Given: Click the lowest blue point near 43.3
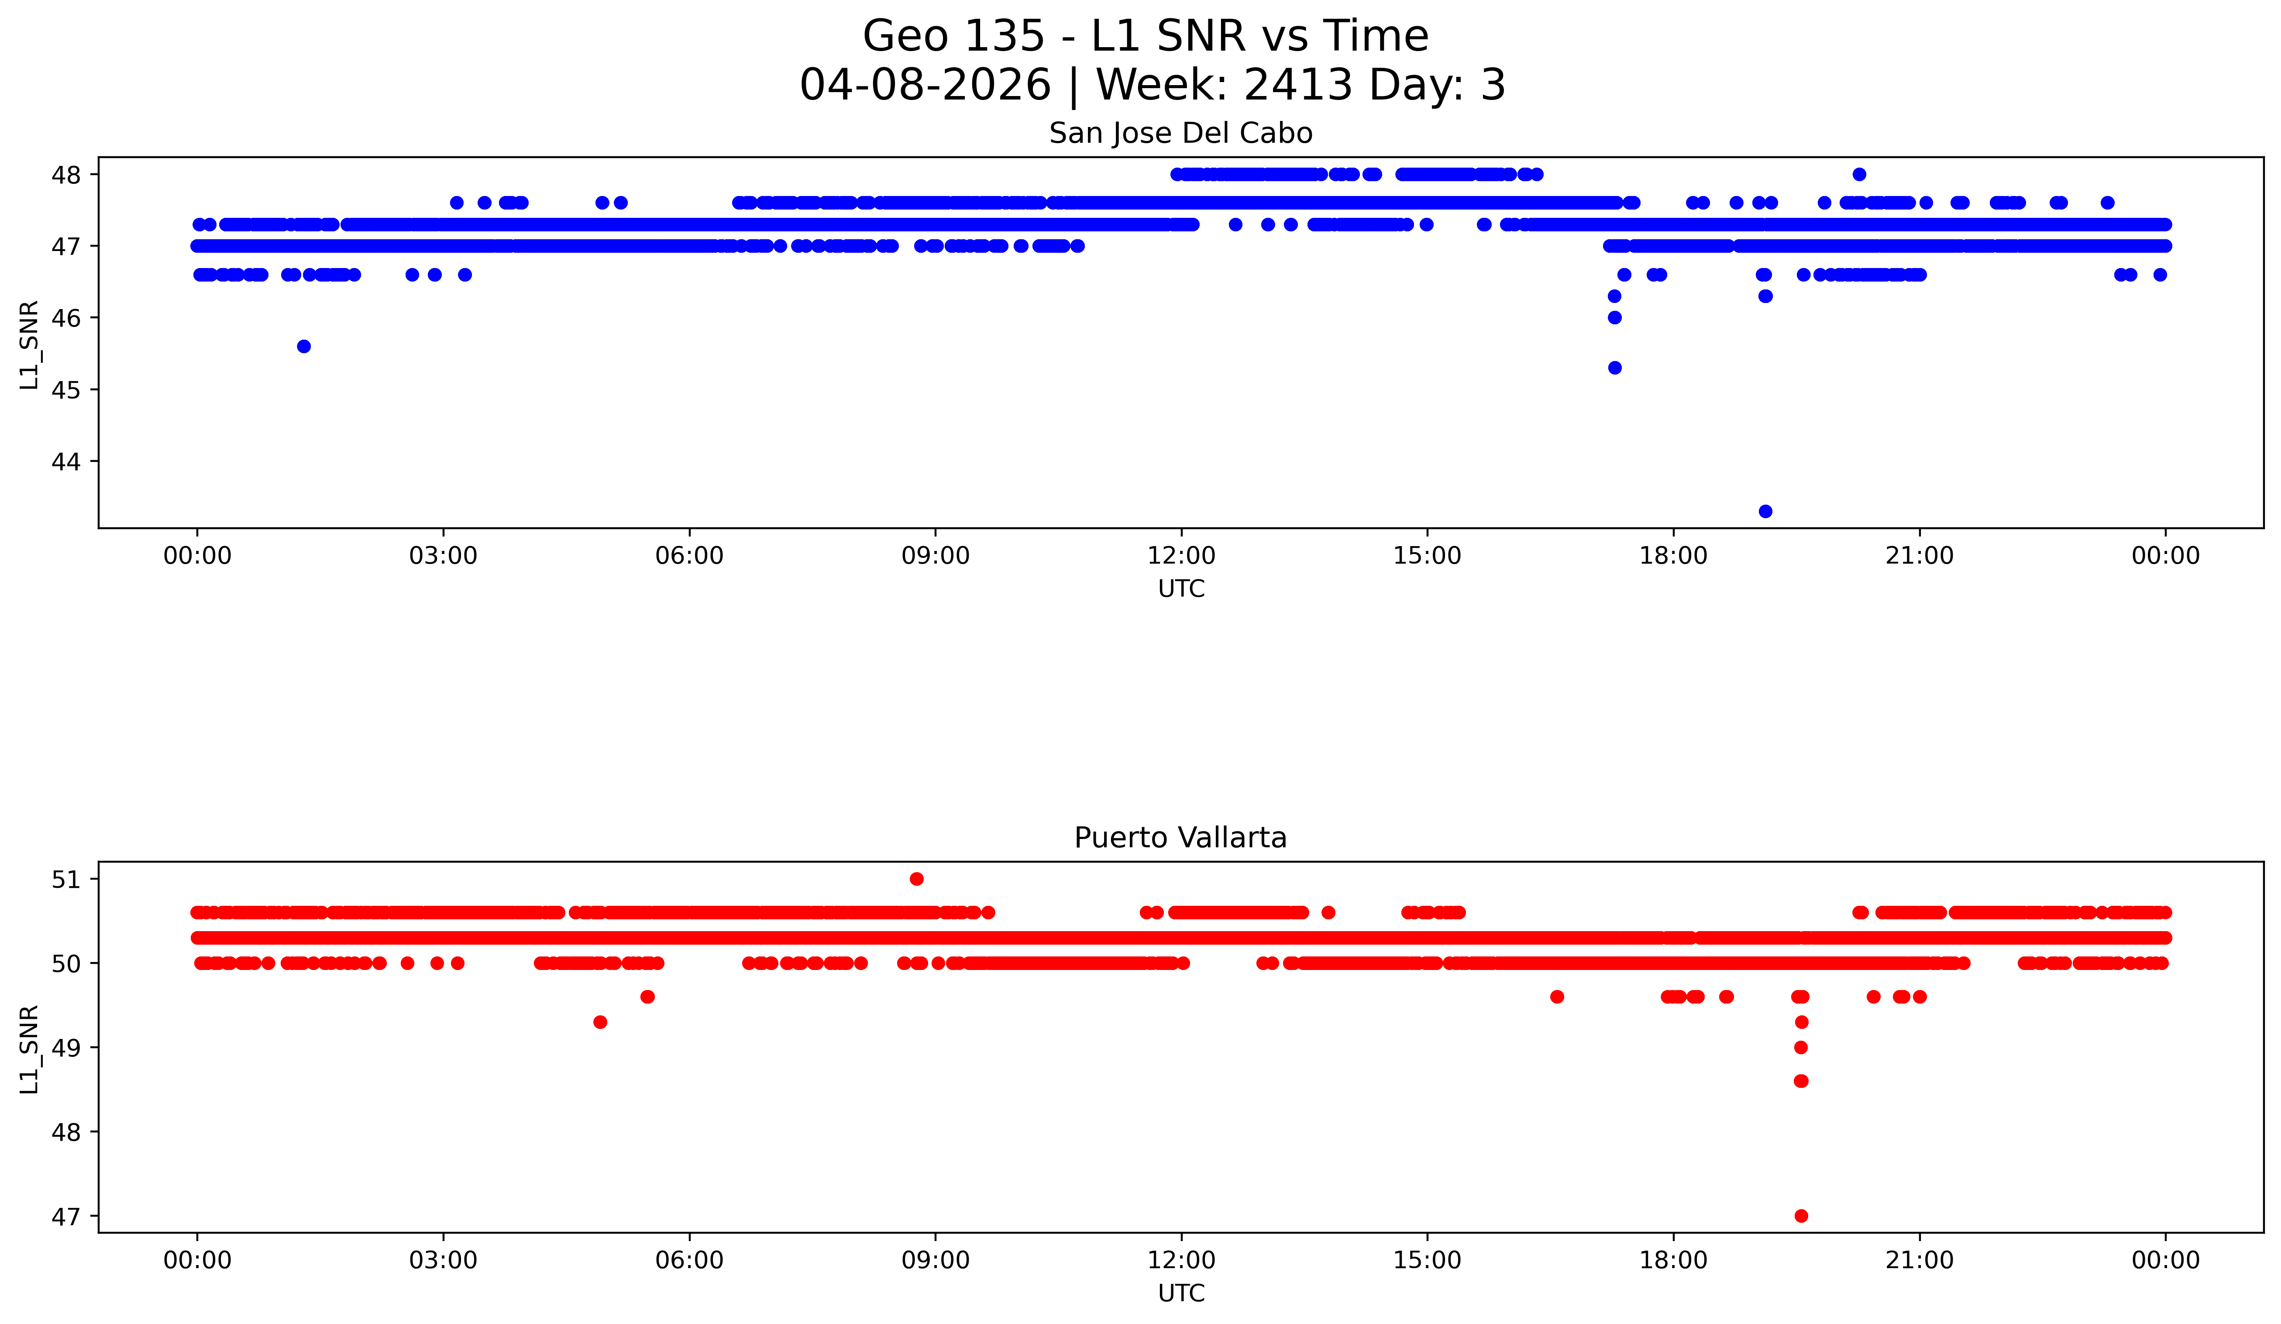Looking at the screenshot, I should [1765, 511].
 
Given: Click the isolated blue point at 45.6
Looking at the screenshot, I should [304, 347].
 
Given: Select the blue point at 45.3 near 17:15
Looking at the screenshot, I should [1615, 368].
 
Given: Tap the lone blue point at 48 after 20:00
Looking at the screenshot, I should [1859, 175].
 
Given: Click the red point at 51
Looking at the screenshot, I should [917, 879].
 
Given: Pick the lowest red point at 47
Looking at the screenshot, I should [1801, 1215].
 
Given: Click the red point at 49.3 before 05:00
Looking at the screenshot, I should [600, 1022].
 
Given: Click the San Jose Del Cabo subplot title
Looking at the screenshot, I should [1180, 134].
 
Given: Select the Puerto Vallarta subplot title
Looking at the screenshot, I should [1180, 838].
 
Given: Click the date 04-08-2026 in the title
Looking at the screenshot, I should [925, 85].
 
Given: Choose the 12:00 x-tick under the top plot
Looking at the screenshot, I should [1181, 556].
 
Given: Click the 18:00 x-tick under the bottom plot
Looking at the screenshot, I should [1674, 1260].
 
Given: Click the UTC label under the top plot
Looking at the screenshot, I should [1181, 589].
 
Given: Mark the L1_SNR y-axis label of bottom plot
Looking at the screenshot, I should [30, 1049].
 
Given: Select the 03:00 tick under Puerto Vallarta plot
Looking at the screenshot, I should [444, 1260].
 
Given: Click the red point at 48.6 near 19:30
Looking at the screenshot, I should [1801, 1080].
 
